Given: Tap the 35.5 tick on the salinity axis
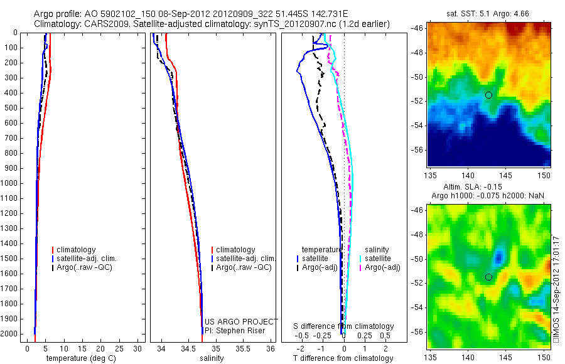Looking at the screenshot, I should (x=243, y=348).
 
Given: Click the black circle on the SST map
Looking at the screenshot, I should (x=488, y=95).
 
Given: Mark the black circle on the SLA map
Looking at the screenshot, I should (x=488, y=277).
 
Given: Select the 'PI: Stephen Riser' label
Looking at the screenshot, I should (x=235, y=331).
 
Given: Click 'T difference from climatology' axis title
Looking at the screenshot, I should (x=343, y=358).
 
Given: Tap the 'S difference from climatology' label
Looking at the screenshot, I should (x=344, y=326).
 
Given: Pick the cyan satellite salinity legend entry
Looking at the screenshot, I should (x=382, y=259).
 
